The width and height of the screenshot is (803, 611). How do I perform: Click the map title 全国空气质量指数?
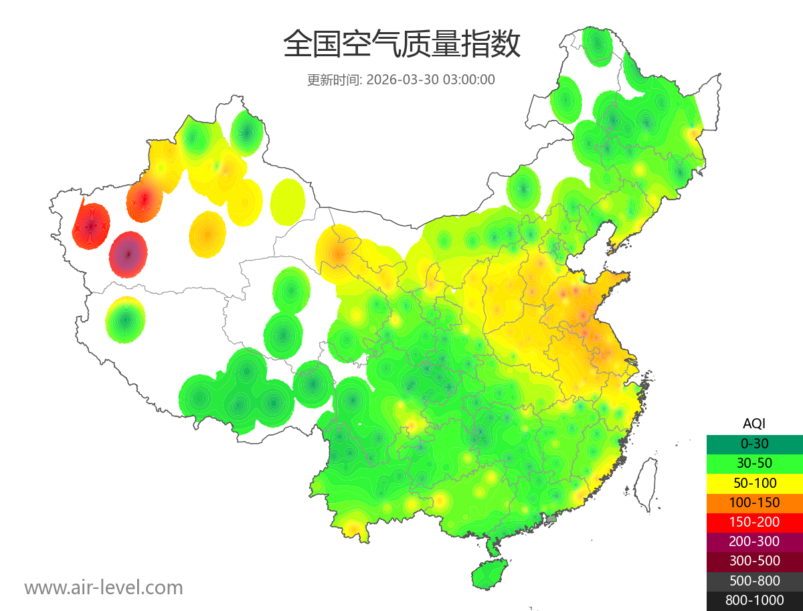click(x=401, y=46)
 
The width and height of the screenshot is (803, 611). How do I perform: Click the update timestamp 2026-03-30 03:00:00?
click(x=431, y=80)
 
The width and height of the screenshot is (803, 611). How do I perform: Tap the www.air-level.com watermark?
click(x=104, y=588)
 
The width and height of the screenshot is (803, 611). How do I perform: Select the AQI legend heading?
click(x=754, y=424)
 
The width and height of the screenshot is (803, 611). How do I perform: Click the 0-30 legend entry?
click(x=754, y=443)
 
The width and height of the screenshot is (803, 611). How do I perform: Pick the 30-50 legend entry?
click(x=754, y=462)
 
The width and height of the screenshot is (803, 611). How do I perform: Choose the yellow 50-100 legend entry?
click(x=754, y=483)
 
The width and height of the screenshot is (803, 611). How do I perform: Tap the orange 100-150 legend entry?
click(x=754, y=502)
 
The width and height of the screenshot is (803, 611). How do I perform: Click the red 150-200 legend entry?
click(x=754, y=521)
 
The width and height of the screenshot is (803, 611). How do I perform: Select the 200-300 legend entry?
click(x=754, y=541)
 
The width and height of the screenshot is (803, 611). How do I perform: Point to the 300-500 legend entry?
click(x=754, y=561)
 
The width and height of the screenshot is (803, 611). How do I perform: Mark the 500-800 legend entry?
click(x=754, y=580)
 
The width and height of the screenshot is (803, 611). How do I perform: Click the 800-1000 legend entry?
click(x=754, y=600)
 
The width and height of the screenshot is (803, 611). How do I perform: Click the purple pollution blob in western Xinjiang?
click(x=128, y=254)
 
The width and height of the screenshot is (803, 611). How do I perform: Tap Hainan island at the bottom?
click(x=489, y=575)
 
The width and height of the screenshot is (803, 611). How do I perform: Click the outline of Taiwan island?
click(x=644, y=483)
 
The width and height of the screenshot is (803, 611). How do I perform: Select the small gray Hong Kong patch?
click(x=551, y=518)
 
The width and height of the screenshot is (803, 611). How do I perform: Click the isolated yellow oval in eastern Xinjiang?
click(x=288, y=201)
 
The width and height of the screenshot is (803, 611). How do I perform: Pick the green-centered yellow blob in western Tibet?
click(x=125, y=320)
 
